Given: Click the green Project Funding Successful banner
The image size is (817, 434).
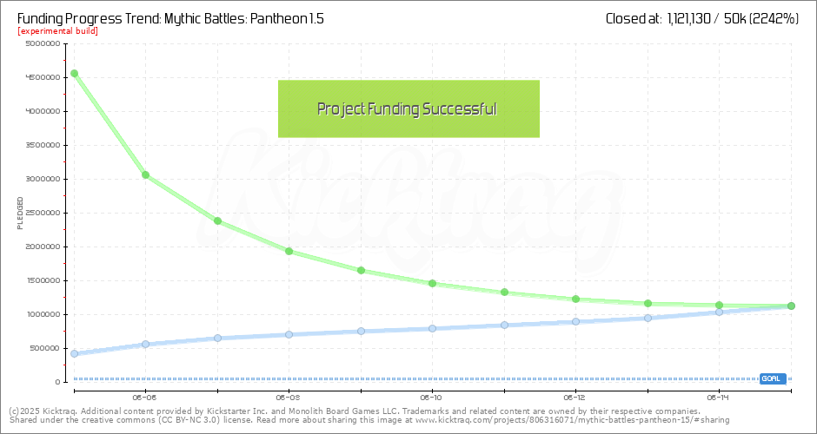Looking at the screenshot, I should tap(408, 108).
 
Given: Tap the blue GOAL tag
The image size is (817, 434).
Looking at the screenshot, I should tap(772, 378).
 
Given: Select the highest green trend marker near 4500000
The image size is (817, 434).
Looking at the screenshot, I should tap(74, 73).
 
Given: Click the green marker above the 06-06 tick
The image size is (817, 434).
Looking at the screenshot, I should tap(145, 174).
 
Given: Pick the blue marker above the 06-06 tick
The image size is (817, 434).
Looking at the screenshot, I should tap(145, 344).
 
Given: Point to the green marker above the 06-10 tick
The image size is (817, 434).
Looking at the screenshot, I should tap(432, 283).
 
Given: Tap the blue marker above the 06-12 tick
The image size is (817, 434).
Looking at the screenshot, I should tap(575, 321).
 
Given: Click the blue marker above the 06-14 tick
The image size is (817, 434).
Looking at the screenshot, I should tap(719, 311).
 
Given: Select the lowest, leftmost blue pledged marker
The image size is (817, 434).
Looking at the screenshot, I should tap(74, 353).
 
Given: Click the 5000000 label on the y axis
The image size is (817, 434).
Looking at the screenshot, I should tap(43, 43).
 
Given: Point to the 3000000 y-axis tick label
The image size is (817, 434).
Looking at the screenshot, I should tap(43, 179).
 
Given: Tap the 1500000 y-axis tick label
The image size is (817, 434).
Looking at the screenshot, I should tap(43, 280).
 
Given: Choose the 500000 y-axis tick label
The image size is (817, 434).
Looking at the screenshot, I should tap(44, 348).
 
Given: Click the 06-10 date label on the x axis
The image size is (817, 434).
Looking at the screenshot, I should tap(432, 397).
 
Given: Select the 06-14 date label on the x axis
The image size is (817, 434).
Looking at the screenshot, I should tap(719, 397).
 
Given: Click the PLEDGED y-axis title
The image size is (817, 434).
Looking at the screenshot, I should tap(20, 213).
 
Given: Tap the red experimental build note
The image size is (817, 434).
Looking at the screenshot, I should tap(57, 31).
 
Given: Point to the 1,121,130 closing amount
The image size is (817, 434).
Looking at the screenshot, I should tap(694, 17).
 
